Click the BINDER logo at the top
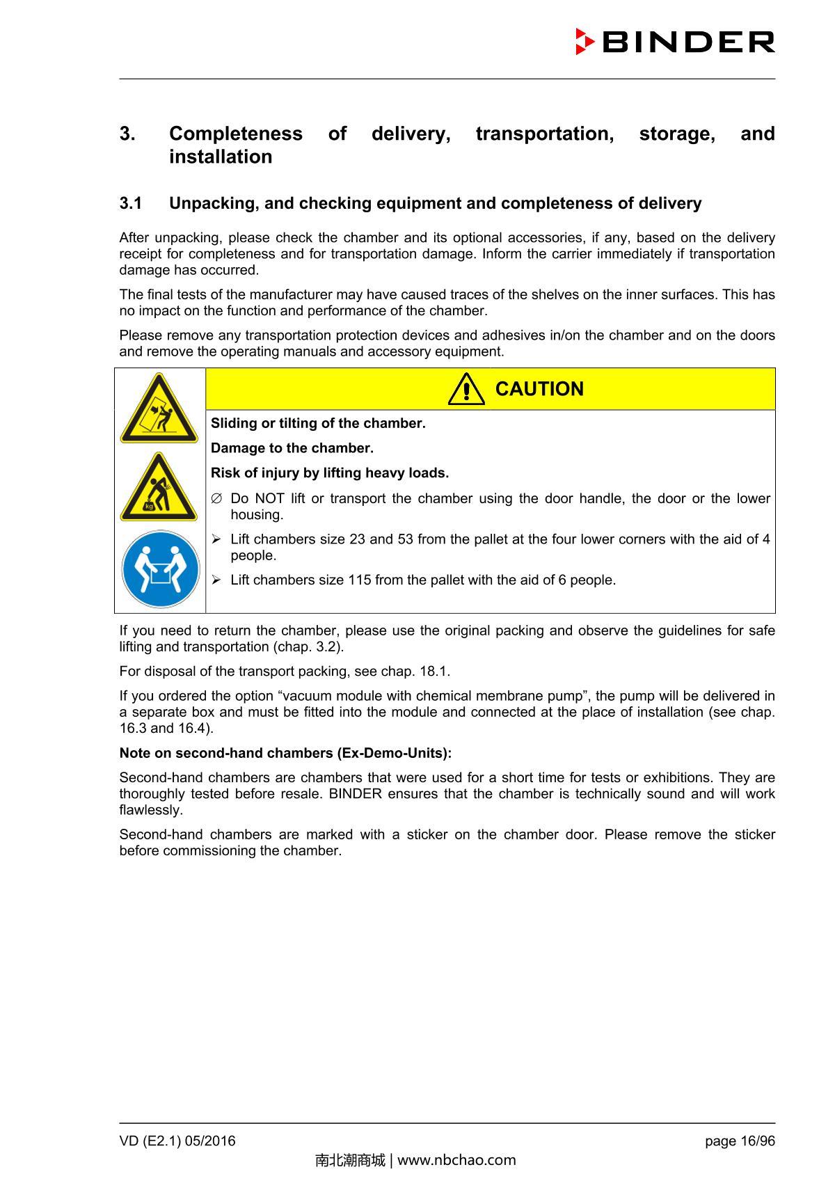675,42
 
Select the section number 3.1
131,204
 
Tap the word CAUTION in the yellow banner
539,389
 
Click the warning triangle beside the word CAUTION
466,390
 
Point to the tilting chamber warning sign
159,409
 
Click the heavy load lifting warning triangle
159,488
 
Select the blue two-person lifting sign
159,570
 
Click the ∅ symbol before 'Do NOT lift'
216,499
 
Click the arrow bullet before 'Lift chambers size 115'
216,580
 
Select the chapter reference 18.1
435,672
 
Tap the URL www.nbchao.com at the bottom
456,1160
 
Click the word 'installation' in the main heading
221,157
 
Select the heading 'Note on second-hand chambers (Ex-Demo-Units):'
285,754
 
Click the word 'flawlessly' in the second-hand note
151,811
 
